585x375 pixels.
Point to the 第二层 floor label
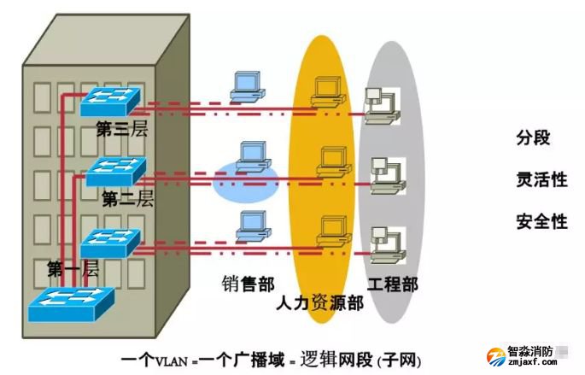(x=127, y=199)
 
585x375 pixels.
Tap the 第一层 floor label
(x=73, y=269)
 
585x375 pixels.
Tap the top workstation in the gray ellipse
(x=379, y=103)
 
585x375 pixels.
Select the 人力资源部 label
(x=320, y=303)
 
